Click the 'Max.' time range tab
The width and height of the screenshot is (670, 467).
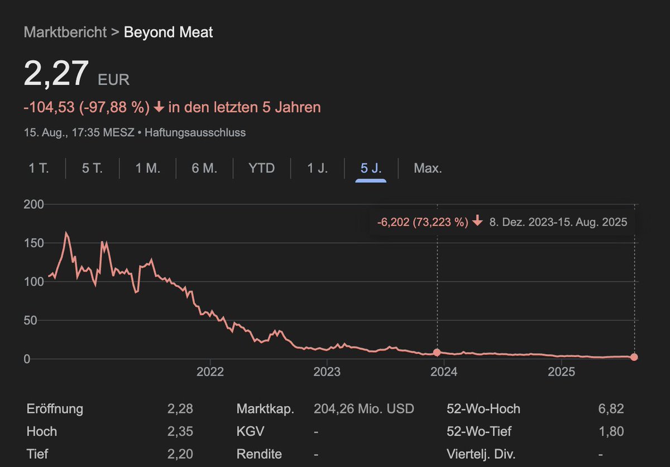click(x=428, y=168)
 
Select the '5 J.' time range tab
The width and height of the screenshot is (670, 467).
click(x=371, y=168)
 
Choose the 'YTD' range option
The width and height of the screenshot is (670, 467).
click(x=261, y=168)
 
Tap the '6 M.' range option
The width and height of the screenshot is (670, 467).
click(x=204, y=168)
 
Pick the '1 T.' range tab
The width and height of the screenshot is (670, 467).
click(x=39, y=168)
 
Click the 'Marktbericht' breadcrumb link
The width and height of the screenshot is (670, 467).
click(x=65, y=32)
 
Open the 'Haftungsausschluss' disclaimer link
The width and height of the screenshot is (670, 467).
click(x=195, y=133)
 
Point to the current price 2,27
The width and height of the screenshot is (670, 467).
click(x=56, y=74)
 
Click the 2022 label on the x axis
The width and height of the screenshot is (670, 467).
click(x=210, y=372)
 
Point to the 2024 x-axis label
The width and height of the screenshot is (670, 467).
click(x=444, y=372)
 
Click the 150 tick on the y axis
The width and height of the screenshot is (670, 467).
click(x=33, y=243)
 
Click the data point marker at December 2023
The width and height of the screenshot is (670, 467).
click(x=437, y=353)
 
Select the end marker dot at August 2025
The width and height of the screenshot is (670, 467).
click(x=634, y=357)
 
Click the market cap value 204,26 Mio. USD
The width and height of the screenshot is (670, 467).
click(x=364, y=409)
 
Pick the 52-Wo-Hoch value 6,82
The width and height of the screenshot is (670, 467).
click(x=610, y=409)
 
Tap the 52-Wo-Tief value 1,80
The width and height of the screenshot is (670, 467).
click(x=610, y=431)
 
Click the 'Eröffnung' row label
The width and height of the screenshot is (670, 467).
click(x=55, y=409)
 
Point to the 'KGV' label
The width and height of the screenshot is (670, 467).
click(x=250, y=431)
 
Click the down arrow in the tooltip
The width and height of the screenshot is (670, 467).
click(x=477, y=222)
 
